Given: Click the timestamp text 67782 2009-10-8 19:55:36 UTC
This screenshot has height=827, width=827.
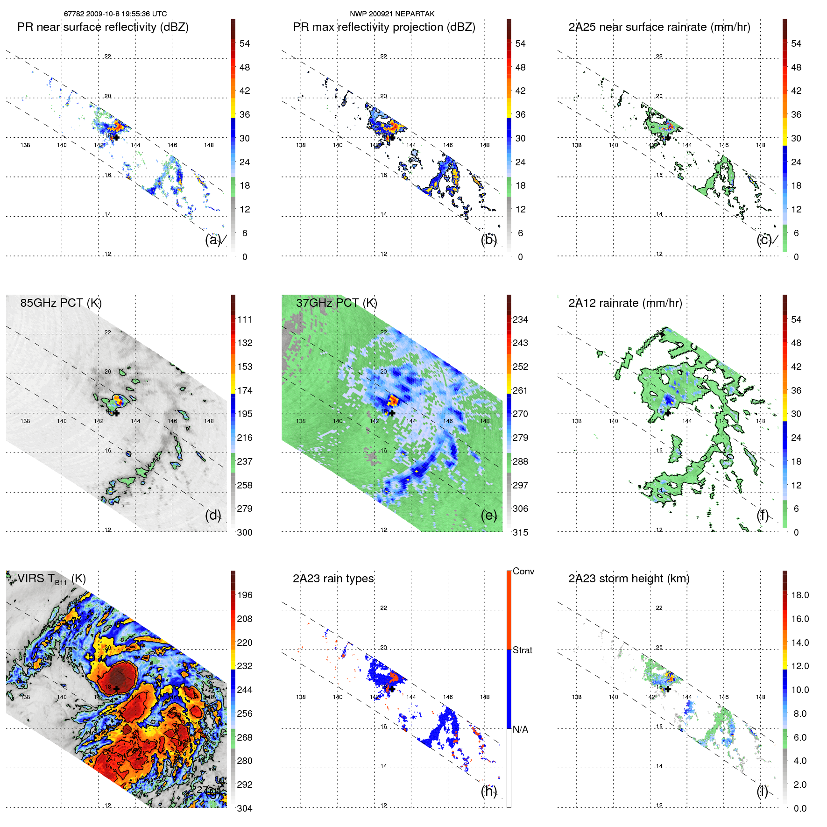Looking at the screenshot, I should pos(115,14).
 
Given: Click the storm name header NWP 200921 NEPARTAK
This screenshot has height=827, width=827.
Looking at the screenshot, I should pos(392,14).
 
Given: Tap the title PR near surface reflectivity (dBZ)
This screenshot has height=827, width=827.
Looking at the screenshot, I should pos(103,27).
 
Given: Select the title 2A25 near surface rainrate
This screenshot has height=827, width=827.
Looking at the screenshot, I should pos(659,27).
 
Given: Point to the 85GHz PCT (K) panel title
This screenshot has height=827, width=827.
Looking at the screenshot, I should pos(61,303).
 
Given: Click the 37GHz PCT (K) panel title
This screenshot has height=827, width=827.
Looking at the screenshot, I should pos(336,303).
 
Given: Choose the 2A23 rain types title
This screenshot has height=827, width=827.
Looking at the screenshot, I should pos(333,579).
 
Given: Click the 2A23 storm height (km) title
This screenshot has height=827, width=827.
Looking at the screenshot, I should pos(629,579).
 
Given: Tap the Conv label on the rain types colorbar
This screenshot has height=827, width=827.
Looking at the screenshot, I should pos(523,572).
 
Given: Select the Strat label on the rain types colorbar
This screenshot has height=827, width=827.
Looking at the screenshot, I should pos(522,650).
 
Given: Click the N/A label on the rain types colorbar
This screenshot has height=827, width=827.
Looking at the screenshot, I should pos(520,729).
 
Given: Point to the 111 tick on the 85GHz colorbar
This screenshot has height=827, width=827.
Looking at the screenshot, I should pos(244,319).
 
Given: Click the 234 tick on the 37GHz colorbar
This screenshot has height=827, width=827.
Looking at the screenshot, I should pos(520,319).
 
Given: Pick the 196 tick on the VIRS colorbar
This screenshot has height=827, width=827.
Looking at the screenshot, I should pos(244,595).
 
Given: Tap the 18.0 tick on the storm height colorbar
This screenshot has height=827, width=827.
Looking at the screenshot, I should pos(799,595).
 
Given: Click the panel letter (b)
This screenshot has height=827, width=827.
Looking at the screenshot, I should pos(488,240).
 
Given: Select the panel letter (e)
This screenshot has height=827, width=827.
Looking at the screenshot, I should pos(488,516).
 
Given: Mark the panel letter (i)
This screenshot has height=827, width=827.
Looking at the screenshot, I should pos(762,791).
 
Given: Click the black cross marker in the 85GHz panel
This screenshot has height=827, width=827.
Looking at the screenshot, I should pos(116,413).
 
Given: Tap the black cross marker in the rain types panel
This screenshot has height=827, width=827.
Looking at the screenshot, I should pos(392,689).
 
